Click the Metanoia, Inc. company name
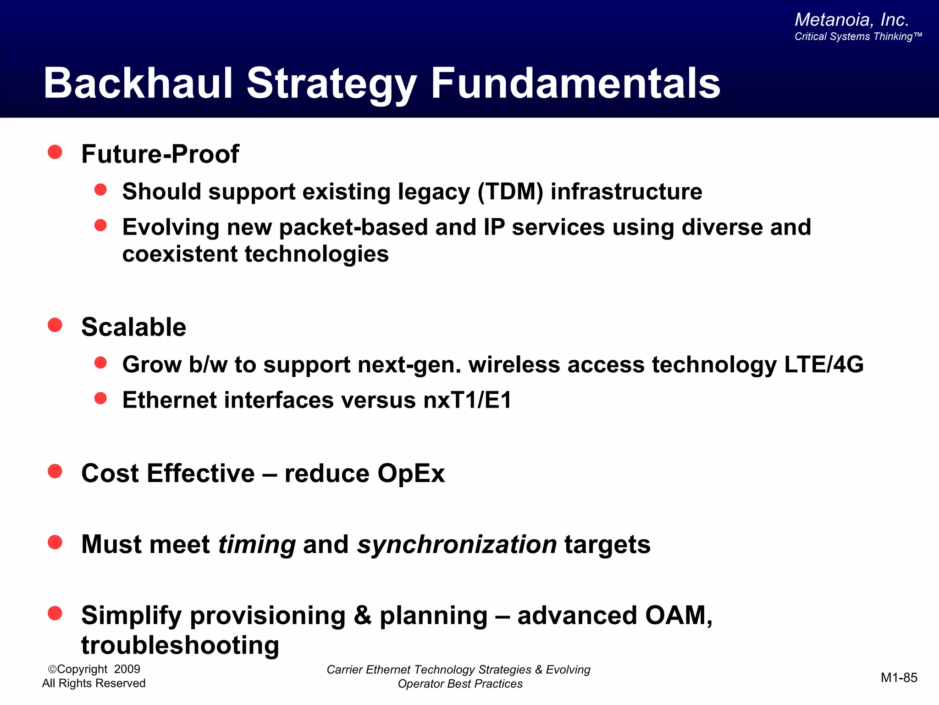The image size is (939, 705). [x=851, y=20]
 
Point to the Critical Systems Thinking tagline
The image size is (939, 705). [x=857, y=37]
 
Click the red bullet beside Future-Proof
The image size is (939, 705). [x=55, y=152]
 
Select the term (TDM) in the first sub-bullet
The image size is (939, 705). [x=510, y=191]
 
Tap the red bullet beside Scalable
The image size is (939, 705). [x=55, y=325]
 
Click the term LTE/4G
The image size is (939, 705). [x=823, y=364]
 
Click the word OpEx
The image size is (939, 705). [x=411, y=473]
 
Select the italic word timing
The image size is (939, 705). [x=257, y=544]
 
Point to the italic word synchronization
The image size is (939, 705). [x=457, y=544]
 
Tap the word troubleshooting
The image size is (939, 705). [x=180, y=645]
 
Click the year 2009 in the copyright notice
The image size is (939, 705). [x=127, y=669]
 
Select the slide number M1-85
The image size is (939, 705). [x=899, y=677]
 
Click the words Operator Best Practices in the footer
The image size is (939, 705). [x=460, y=684]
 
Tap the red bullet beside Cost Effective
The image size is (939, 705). [x=55, y=471]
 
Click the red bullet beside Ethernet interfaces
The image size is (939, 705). [x=100, y=398]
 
